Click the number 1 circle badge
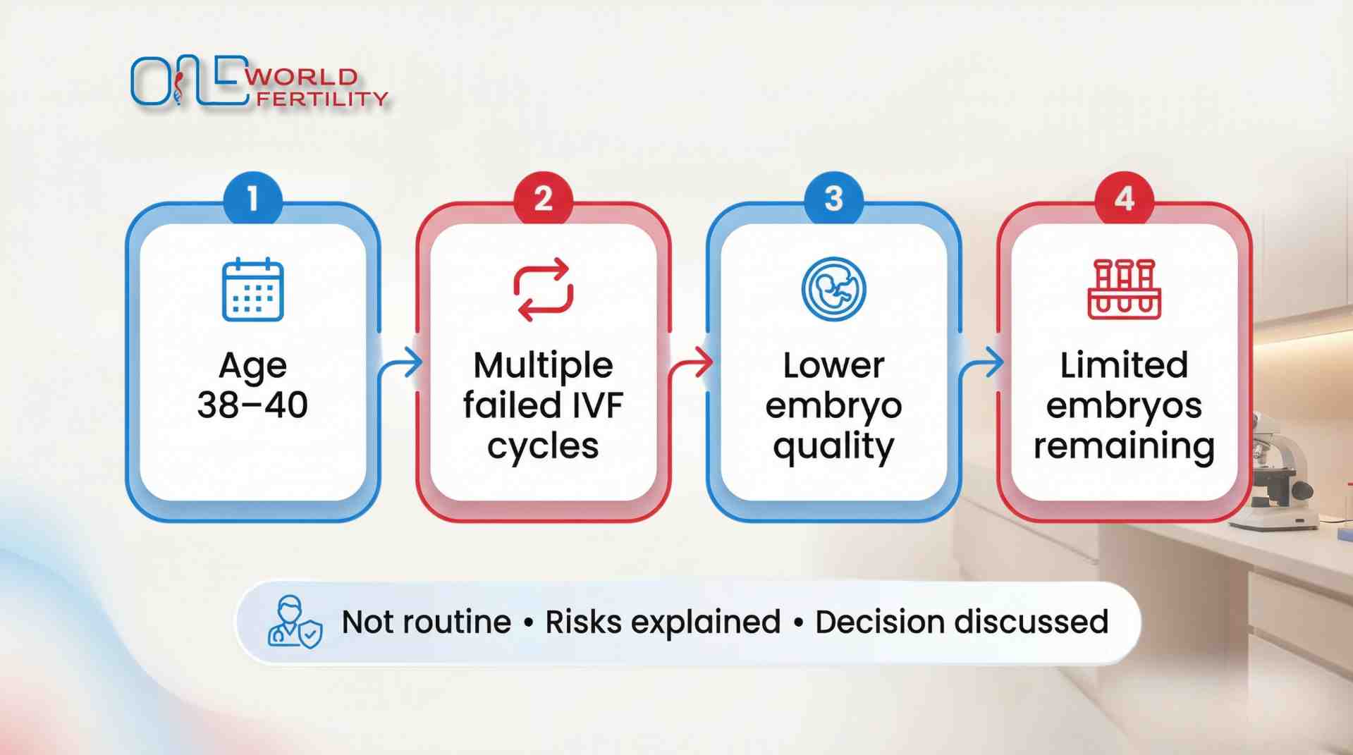click(252, 199)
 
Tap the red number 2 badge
click(543, 199)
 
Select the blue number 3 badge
click(833, 199)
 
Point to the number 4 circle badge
click(1124, 199)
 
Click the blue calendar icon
click(252, 290)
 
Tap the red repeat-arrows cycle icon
click(543, 289)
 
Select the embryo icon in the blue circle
click(833, 289)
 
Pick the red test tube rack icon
click(1124, 289)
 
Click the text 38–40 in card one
click(252, 405)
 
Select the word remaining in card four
click(1124, 446)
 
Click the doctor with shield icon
click(294, 622)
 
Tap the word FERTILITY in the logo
click(322, 99)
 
